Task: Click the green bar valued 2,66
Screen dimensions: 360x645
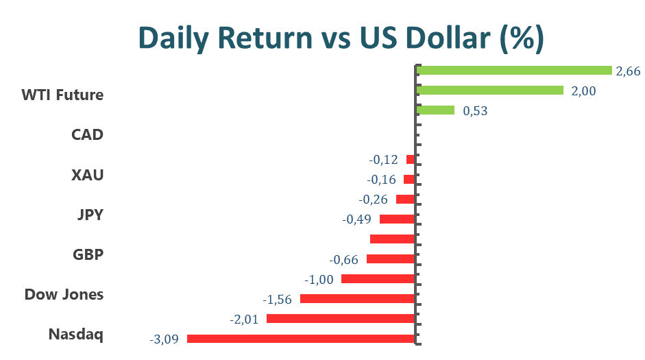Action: [x=513, y=70]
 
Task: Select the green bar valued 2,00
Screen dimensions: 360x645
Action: [x=489, y=90]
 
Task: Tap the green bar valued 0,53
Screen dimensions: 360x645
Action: [x=435, y=110]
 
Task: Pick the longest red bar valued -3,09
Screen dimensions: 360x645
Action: [x=301, y=338]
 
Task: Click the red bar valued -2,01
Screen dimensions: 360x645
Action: [x=341, y=318]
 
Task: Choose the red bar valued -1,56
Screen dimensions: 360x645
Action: [x=357, y=298]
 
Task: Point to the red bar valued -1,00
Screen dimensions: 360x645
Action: [x=378, y=278]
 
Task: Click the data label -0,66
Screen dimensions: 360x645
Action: [x=344, y=259]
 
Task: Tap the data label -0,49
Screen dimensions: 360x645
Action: [x=356, y=219]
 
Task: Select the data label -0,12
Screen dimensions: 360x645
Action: [x=383, y=160]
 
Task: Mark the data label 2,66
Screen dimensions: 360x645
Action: [x=628, y=71]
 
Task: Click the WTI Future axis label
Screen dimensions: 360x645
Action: [x=62, y=95]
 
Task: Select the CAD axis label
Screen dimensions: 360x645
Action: [x=87, y=134]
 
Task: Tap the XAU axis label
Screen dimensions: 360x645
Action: [x=87, y=174]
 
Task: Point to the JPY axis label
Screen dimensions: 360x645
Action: [x=90, y=215]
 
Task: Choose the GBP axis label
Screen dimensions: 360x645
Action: [x=88, y=254]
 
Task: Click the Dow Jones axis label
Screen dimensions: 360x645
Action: [x=64, y=294]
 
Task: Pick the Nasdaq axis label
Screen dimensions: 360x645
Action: [x=75, y=335]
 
